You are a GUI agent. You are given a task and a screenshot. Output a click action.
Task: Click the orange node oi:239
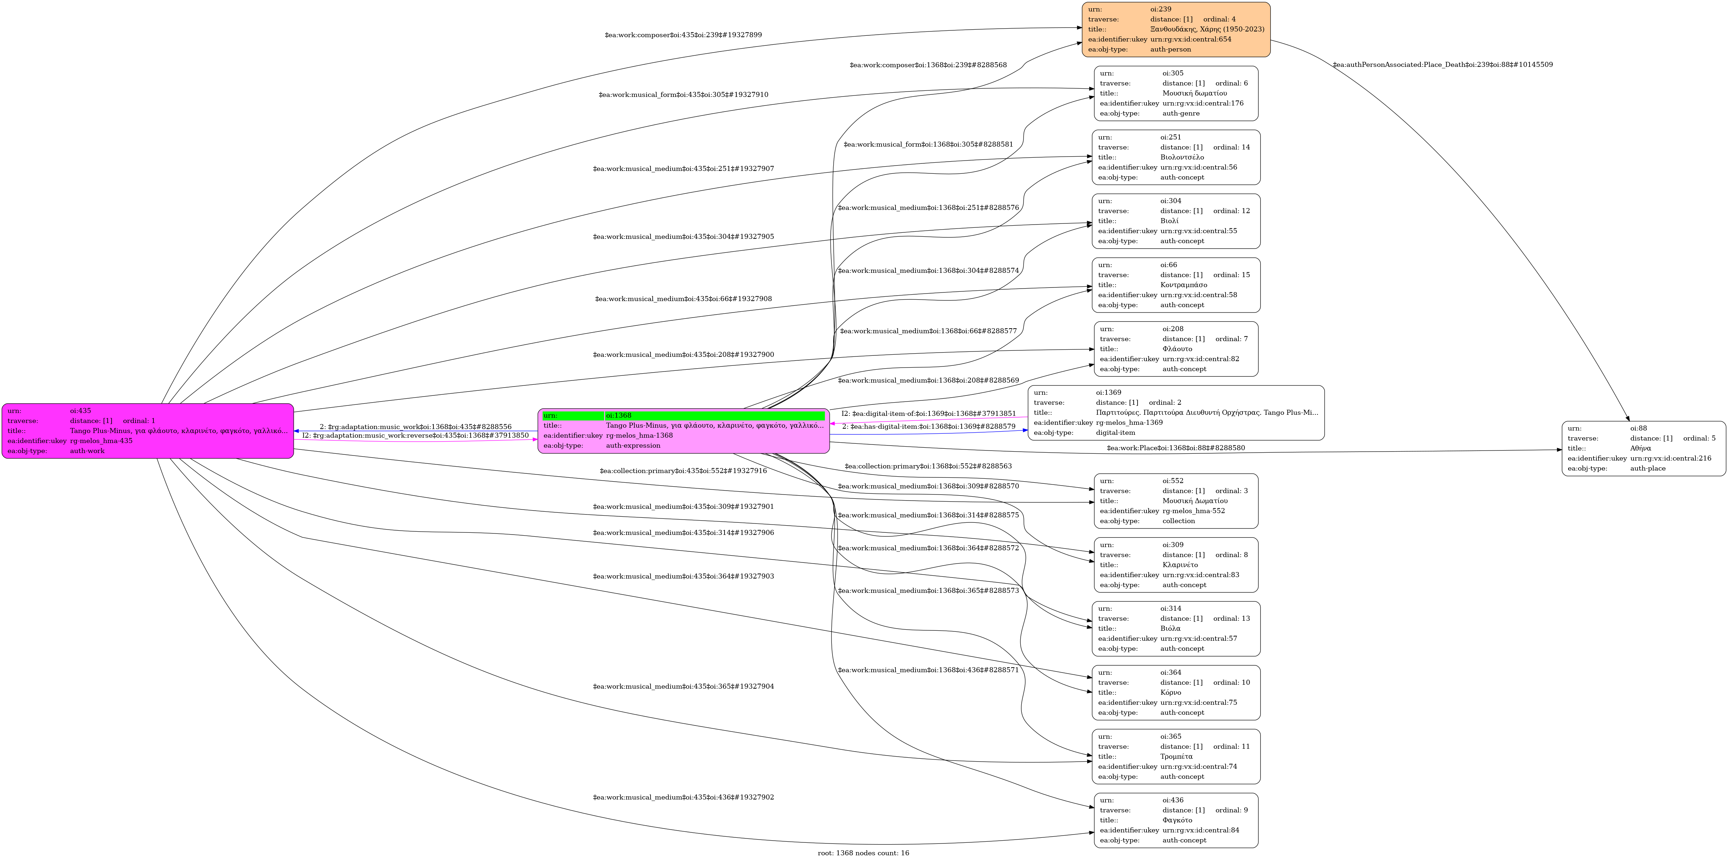coord(1175,30)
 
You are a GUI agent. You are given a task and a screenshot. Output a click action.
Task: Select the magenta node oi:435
coord(148,431)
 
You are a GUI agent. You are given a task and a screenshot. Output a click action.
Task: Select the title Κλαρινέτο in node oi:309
coord(1180,565)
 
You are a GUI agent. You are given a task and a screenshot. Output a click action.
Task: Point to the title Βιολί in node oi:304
coord(1169,221)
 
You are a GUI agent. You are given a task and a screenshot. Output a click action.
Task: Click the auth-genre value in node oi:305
coord(1180,113)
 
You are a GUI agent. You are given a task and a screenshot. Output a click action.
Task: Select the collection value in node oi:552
coord(1179,521)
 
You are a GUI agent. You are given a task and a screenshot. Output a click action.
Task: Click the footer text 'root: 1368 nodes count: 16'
coord(863,853)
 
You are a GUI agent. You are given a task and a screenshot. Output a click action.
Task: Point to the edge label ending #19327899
coord(683,35)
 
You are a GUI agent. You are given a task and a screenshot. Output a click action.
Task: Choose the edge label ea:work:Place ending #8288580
coord(1175,448)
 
